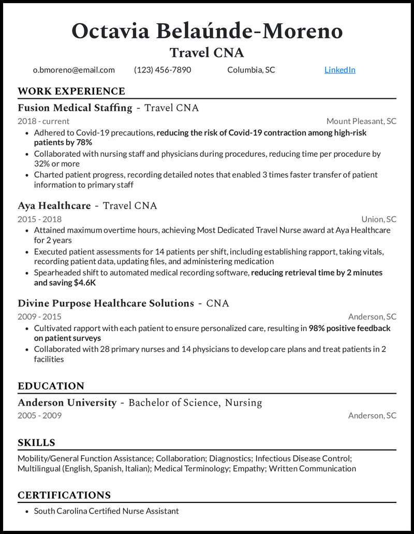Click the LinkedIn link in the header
pyautogui.click(x=339, y=70)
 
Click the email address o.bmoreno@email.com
pyautogui.click(x=74, y=70)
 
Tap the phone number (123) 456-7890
pyautogui.click(x=162, y=70)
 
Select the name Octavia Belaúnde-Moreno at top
pyautogui.click(x=207, y=31)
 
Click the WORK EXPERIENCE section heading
pyautogui.click(x=71, y=92)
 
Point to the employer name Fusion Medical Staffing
pyautogui.click(x=75, y=108)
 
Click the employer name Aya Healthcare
pyautogui.click(x=54, y=206)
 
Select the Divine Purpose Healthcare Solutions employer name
pyautogui.click(x=106, y=303)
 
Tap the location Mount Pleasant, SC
pyautogui.click(x=361, y=121)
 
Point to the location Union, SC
pyautogui.click(x=379, y=219)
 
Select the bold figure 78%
pyautogui.click(x=84, y=142)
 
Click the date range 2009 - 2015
pyautogui.click(x=39, y=317)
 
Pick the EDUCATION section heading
pyautogui.click(x=51, y=387)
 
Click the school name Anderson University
pyautogui.click(x=67, y=403)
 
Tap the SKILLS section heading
pyautogui.click(x=36, y=443)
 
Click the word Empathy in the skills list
pyautogui.click(x=249, y=469)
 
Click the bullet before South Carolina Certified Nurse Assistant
pyautogui.click(x=26, y=511)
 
